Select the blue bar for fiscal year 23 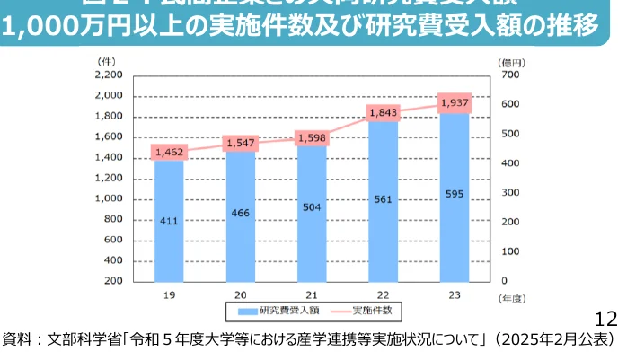pos(454,198)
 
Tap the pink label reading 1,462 pos(170,153)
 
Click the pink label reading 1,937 pos(455,102)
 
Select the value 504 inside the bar pos(312,206)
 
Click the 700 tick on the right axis pos(509,75)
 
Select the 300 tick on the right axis pos(509,192)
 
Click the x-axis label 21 pos(312,294)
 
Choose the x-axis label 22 pos(383,294)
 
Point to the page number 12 pos(605,319)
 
